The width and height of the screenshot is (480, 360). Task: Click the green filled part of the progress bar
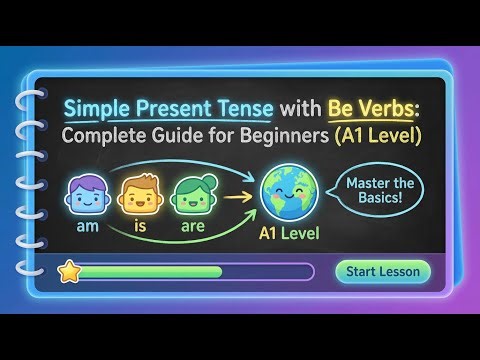coord(150,271)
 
